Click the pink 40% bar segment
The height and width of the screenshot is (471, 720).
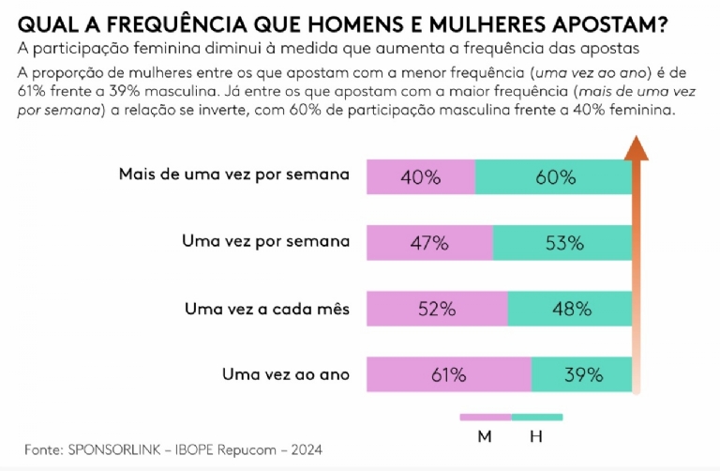click(421, 176)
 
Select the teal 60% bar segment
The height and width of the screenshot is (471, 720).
click(553, 176)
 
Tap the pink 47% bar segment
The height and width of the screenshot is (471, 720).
click(429, 242)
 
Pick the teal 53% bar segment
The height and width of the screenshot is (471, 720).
click(562, 242)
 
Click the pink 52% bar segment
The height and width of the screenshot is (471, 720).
click(437, 309)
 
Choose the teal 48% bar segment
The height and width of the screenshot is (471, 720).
click(570, 309)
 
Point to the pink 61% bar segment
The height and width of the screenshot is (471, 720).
click(449, 374)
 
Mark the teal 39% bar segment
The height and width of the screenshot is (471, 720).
click(582, 374)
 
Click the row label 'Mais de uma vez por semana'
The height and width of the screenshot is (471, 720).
click(233, 175)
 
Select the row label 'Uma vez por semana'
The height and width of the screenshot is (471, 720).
click(265, 241)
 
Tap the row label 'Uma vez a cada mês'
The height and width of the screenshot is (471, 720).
click(267, 308)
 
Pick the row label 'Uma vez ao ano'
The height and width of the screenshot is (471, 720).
click(286, 374)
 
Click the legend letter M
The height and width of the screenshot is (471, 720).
click(485, 436)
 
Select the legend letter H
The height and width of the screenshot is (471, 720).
click(536, 436)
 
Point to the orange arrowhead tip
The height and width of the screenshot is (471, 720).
click(637, 137)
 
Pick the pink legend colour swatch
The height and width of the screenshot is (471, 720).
click(485, 417)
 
